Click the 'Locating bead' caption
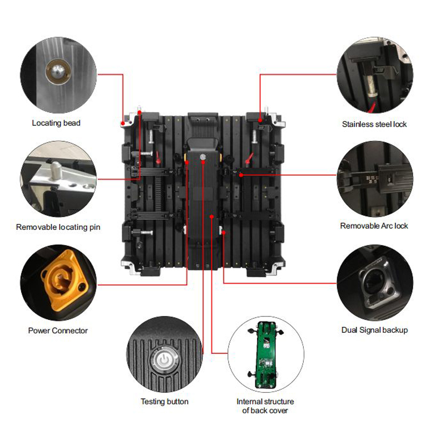pos(56,123)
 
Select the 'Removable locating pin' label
pos(58,227)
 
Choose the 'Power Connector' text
pos(58,330)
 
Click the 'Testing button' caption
pos(164,402)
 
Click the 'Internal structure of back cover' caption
pos(265,406)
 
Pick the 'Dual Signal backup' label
pos(374,330)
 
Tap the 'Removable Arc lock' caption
pos(374,226)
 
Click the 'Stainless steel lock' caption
pos(374,124)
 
